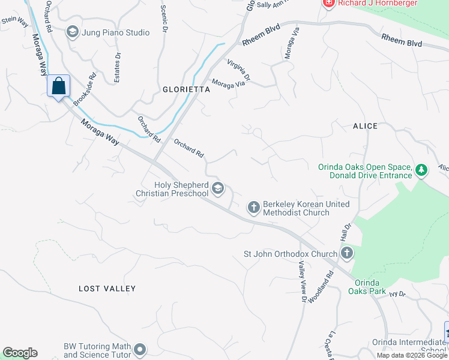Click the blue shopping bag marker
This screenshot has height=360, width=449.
click(59, 86)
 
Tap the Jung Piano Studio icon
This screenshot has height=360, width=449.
click(73, 32)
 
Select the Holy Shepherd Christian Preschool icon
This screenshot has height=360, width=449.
click(218, 189)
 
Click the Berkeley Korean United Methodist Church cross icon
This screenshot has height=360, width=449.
click(254, 208)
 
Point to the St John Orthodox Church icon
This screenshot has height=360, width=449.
click(347, 254)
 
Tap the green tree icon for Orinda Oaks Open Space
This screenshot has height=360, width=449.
click(422, 171)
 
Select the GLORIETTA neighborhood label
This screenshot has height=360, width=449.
click(187, 89)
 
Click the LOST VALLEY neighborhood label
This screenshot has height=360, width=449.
click(107, 289)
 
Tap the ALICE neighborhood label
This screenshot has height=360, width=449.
click(365, 126)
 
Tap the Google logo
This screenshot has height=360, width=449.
click(20, 353)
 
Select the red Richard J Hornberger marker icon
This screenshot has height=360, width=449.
click(328, 4)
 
